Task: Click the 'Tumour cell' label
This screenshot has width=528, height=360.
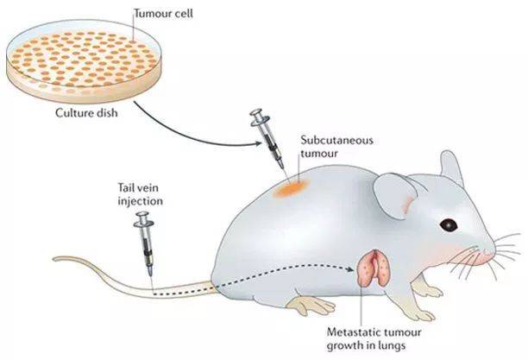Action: click(x=164, y=14)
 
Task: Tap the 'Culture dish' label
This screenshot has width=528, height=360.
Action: click(x=86, y=112)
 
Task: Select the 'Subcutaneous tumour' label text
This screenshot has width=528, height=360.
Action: click(x=337, y=147)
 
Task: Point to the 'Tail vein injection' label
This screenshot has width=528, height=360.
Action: click(x=140, y=194)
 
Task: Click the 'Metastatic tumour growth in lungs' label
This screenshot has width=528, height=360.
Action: click(x=374, y=338)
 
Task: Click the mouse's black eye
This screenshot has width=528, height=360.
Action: click(x=449, y=224)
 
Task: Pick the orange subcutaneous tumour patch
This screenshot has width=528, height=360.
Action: click(x=292, y=188)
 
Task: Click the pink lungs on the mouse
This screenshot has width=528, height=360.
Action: click(x=374, y=268)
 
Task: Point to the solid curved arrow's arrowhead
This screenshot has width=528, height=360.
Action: click(x=258, y=143)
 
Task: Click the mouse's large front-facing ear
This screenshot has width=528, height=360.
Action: click(x=394, y=196)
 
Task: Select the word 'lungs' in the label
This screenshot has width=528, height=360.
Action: click(x=392, y=346)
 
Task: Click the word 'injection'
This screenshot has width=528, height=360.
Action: click(x=140, y=201)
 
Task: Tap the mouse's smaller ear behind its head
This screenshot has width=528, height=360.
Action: click(x=451, y=167)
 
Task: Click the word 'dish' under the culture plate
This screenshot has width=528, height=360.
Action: click(x=107, y=112)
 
